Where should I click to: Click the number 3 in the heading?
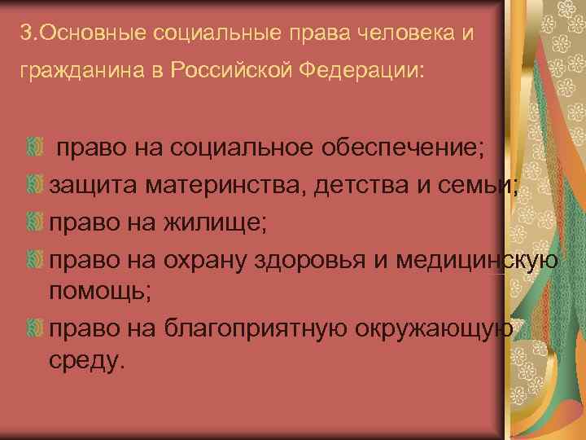pyautogui.click(x=27, y=35)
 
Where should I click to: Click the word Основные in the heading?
pyautogui.click(x=78, y=35)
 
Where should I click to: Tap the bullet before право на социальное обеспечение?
pyautogui.click(x=33, y=147)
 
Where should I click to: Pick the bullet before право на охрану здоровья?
pyautogui.click(x=33, y=260)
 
